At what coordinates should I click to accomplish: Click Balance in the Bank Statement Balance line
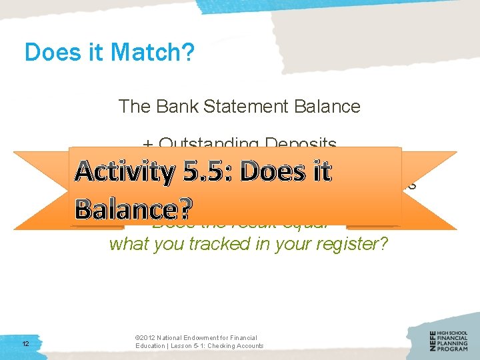click(x=331, y=106)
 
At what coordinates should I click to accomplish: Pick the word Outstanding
click(x=209, y=143)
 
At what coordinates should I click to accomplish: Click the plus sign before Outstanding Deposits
click(x=147, y=143)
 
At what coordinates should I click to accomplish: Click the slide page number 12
click(x=25, y=343)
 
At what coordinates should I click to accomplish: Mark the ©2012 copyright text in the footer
click(x=147, y=338)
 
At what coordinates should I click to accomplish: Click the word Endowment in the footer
click(x=200, y=338)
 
